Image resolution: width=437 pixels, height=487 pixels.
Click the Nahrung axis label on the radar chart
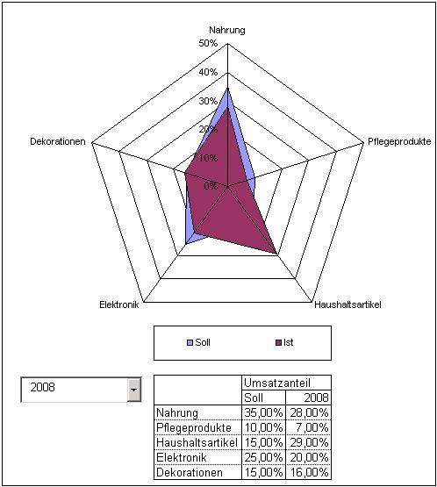point(227,30)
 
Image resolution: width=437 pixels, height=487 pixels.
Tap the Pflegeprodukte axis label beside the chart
point(399,141)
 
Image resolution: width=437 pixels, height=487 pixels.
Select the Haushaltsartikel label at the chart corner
point(347,304)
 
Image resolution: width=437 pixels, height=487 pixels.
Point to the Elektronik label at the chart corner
point(119,304)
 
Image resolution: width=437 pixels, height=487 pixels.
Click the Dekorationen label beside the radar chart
point(58,141)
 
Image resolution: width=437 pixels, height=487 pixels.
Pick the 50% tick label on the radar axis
point(208,43)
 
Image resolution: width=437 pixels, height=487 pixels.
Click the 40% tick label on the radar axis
point(208,72)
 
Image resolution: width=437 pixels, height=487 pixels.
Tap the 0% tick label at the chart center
point(211,186)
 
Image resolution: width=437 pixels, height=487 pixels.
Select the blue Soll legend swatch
point(190,342)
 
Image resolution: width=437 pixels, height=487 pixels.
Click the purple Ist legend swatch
point(278,342)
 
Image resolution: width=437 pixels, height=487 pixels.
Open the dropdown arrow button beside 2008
point(134,390)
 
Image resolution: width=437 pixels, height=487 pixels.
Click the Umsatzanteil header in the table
point(277,383)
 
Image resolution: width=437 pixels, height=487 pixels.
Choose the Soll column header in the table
point(254,397)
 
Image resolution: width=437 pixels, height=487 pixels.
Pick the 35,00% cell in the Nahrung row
point(263,412)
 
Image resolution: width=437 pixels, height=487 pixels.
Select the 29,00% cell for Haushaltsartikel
point(309,442)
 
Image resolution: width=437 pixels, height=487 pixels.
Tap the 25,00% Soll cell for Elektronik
point(263,457)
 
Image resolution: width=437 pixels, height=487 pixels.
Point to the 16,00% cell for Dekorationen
point(309,472)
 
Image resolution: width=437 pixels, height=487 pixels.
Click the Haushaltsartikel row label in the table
point(197,442)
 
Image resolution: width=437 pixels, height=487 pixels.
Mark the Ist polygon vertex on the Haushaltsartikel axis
point(276,254)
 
